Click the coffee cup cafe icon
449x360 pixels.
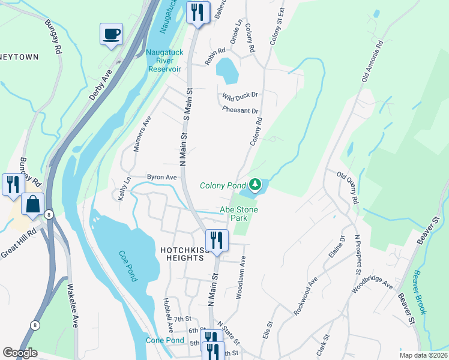click(x=110, y=34)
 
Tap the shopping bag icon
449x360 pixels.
click(x=32, y=205)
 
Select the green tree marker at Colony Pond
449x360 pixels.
click(x=255, y=184)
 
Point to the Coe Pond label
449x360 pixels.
click(x=128, y=265)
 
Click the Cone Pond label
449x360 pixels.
click(x=165, y=340)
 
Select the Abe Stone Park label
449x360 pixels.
click(x=239, y=214)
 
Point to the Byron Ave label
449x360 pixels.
click(x=162, y=178)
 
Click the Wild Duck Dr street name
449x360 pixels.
click(x=240, y=95)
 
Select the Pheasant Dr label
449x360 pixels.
click(x=240, y=110)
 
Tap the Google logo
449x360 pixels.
click(x=20, y=353)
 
